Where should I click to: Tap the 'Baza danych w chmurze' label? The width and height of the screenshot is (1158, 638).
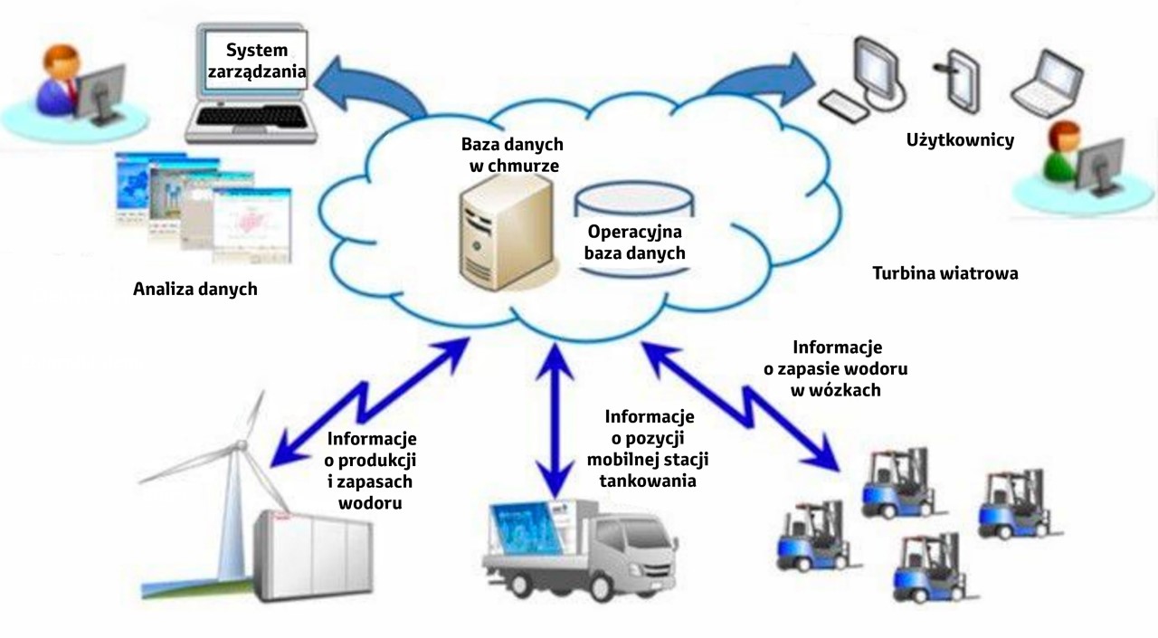pyautogui.click(x=512, y=155)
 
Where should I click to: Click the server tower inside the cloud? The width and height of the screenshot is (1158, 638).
pyautogui.click(x=503, y=230)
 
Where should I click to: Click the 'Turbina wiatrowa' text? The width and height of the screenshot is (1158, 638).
pyautogui.click(x=944, y=273)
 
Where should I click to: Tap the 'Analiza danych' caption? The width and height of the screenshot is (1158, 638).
pyautogui.click(x=195, y=290)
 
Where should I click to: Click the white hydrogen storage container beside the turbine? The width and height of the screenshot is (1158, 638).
pyautogui.click(x=313, y=557)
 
